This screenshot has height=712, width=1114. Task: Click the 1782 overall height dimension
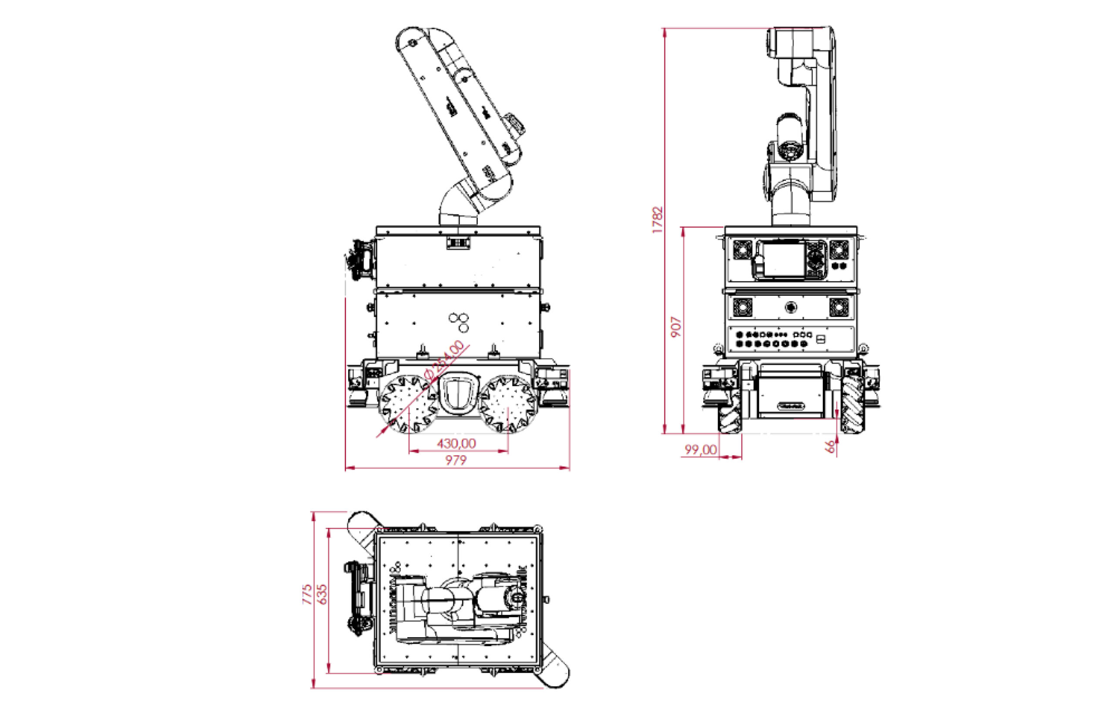pos(658,220)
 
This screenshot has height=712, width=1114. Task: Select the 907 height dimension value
pos(676,327)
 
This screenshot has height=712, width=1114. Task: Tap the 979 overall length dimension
pos(456,461)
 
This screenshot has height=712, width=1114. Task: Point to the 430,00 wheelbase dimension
pos(456,444)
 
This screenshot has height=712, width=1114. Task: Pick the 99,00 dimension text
pos(701,449)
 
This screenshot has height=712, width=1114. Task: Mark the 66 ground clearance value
pos(831,446)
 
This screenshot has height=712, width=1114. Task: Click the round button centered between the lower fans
pos(792,307)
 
